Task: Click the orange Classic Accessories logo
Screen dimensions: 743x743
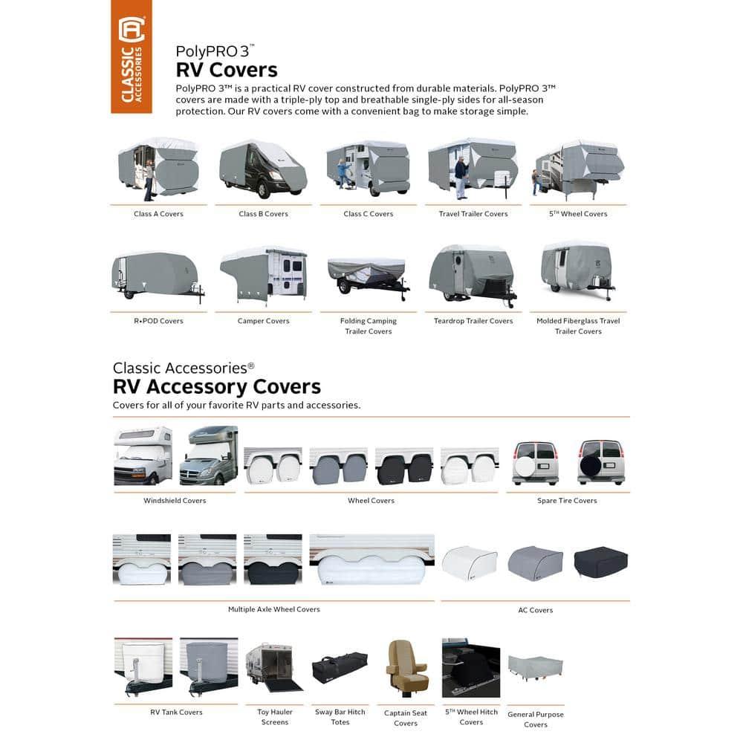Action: coord(132,56)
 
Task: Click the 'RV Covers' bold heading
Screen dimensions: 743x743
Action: coord(226,70)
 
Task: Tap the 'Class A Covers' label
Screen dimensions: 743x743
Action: coord(158,214)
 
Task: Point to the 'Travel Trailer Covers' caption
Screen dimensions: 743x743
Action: coord(473,214)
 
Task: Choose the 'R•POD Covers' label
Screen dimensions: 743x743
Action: coord(158,321)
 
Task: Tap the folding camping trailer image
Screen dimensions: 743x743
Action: coord(368,277)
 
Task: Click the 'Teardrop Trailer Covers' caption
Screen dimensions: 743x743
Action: coord(473,321)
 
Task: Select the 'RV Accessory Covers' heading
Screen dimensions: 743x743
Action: coord(217,387)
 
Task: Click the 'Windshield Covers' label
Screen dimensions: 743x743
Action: coord(175,501)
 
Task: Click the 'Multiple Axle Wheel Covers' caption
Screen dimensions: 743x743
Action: coord(274,609)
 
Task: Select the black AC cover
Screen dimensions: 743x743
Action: coord(600,562)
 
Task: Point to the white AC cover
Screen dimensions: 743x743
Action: coord(470,563)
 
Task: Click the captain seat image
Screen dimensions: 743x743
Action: coord(406,668)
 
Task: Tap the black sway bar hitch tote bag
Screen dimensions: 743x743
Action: coord(340,667)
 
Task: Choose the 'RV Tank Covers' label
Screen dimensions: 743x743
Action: coord(176,713)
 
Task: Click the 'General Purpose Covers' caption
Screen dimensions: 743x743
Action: coord(536,719)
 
